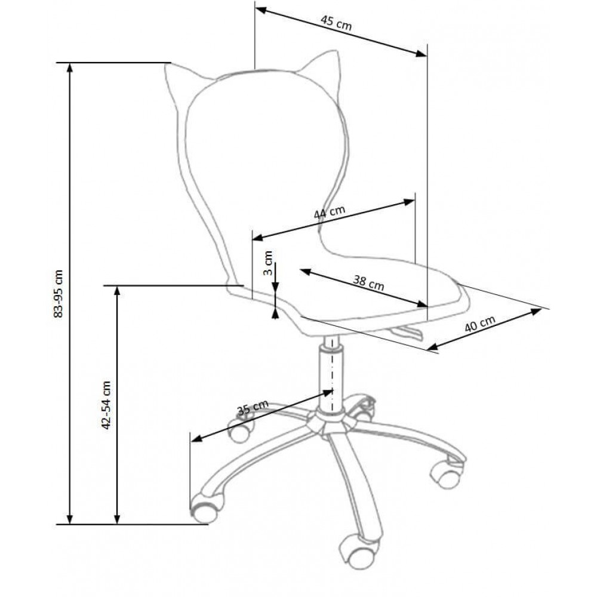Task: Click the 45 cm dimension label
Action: click(336, 23)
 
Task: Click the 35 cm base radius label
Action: click(253, 408)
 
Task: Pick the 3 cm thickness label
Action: click(269, 263)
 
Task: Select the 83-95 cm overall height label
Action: click(59, 293)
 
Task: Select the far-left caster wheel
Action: click(204, 507)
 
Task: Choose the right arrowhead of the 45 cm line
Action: click(423, 54)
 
